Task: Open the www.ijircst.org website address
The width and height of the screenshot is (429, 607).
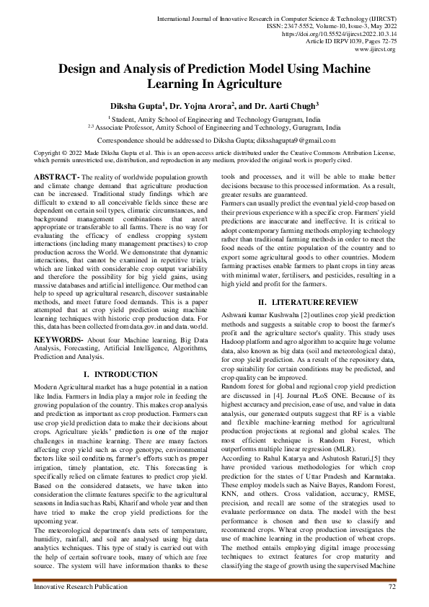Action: [376, 50]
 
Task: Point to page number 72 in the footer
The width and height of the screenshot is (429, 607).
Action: [392, 588]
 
